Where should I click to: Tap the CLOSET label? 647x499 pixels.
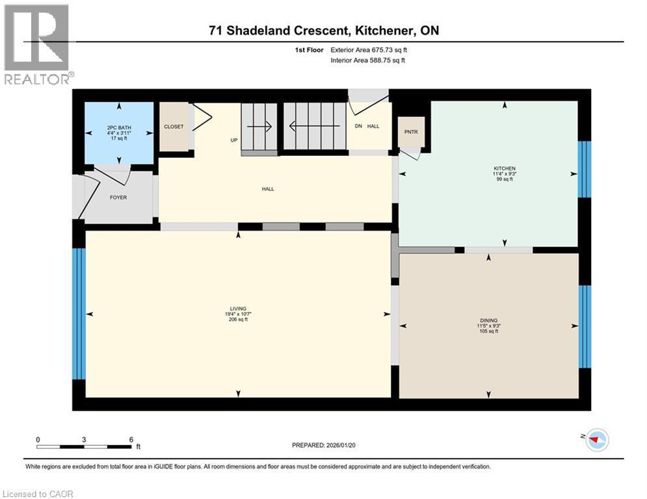pyautogui.click(x=174, y=127)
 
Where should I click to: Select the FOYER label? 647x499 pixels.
pyautogui.click(x=118, y=197)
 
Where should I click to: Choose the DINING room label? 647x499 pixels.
pyautogui.click(x=488, y=320)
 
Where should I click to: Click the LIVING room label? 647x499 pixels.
pyautogui.click(x=238, y=309)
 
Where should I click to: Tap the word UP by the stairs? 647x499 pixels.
pyautogui.click(x=233, y=140)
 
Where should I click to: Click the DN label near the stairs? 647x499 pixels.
pyautogui.click(x=358, y=127)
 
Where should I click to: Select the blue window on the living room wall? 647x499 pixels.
pyautogui.click(x=79, y=313)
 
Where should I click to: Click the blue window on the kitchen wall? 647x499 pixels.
pyautogui.click(x=585, y=169)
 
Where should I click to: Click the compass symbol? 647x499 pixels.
pyautogui.click(x=597, y=441)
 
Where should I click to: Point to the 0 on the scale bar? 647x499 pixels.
pyautogui.click(x=38, y=439)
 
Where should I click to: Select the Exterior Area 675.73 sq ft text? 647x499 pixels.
pyautogui.click(x=369, y=49)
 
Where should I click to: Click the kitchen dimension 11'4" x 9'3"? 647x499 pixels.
pyautogui.click(x=504, y=174)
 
